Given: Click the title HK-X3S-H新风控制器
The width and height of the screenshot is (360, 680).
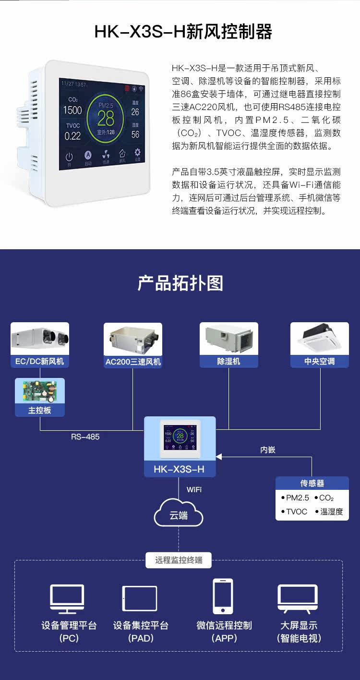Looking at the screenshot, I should (x=183, y=32).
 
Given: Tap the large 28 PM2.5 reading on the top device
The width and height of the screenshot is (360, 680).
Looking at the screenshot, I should (x=106, y=118).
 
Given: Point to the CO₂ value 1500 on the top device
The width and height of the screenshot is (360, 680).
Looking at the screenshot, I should (x=72, y=110).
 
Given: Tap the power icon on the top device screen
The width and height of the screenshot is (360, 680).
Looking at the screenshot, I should (x=70, y=157).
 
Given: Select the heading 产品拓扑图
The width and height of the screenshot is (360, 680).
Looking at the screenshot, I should (x=180, y=283).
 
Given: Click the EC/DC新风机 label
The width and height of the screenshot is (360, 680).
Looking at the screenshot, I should (x=39, y=361).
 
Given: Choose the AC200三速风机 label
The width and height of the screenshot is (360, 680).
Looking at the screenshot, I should (x=133, y=362).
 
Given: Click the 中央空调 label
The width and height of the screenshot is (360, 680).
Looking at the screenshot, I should (x=319, y=361).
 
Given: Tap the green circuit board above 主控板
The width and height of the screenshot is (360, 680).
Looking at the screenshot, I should (x=39, y=391).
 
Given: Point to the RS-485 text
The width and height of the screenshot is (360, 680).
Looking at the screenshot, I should (x=85, y=437).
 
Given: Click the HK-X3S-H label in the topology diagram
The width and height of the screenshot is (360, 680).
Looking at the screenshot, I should (x=179, y=469).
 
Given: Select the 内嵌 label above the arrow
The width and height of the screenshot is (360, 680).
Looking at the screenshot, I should (x=268, y=450).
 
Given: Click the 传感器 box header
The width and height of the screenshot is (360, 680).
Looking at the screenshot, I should (x=312, y=483).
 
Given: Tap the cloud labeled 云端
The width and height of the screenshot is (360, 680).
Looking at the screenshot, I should (x=179, y=515).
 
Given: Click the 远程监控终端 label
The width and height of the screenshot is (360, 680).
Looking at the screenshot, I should (x=179, y=560).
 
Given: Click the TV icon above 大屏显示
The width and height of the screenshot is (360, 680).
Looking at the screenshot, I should (x=298, y=598).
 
